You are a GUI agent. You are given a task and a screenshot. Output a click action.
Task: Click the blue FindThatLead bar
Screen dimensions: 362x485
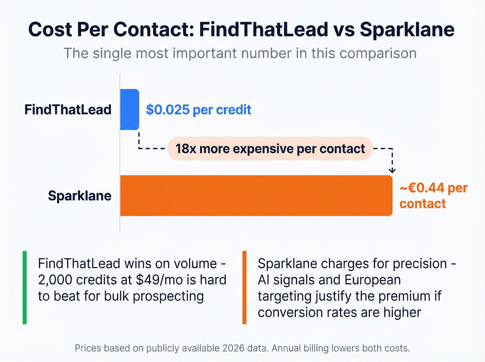coord(130,109)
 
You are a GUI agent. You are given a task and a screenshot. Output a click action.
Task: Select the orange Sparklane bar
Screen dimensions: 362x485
coord(256,196)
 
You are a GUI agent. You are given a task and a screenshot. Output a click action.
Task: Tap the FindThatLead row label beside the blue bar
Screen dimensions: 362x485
coord(68,110)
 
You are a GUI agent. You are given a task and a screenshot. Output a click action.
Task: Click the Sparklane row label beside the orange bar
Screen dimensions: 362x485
coord(80,196)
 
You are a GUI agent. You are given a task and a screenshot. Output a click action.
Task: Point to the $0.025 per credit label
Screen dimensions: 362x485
coord(199,110)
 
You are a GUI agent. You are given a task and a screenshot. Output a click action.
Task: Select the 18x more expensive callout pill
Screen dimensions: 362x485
coord(270,149)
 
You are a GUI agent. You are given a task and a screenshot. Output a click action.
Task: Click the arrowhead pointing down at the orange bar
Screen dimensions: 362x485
coord(392,170)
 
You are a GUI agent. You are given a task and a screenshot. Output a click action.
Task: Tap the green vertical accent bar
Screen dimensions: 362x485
coord(25,288)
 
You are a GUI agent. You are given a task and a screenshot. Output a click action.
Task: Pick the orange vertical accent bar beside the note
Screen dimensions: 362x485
coord(244,288)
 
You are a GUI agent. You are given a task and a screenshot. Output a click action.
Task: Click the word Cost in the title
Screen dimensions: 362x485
coord(50,29)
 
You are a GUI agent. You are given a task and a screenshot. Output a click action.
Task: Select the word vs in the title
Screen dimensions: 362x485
coord(344,29)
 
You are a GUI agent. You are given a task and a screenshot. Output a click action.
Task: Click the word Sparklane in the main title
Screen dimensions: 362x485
coord(407,29)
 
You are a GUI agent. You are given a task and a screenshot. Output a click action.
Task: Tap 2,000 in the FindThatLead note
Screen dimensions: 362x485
coord(55,280)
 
